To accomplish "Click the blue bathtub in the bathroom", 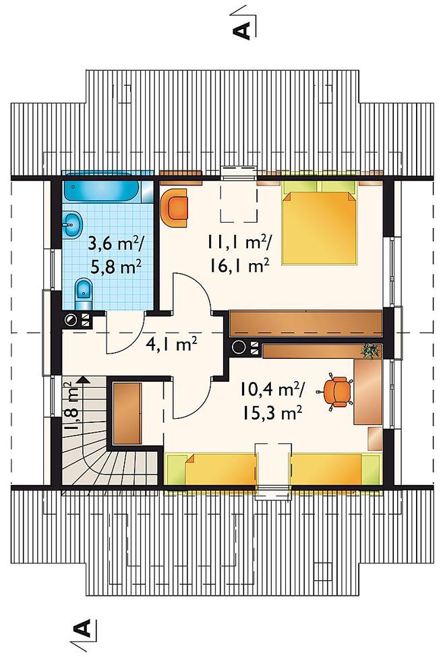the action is (x=102, y=191).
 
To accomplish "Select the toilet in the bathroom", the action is (x=83, y=289).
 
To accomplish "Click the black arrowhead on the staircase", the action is (x=83, y=380).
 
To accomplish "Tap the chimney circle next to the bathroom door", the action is (x=71, y=320).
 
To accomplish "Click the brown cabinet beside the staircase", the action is (x=127, y=413).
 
